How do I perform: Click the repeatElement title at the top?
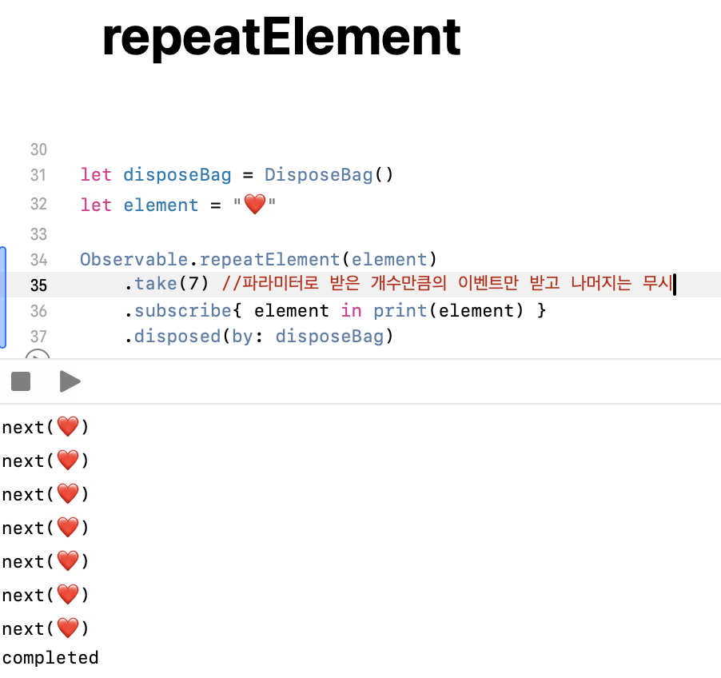pos(281,38)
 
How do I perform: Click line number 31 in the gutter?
pos(38,175)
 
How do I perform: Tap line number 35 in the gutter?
pos(38,285)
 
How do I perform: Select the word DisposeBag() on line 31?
pos(329,175)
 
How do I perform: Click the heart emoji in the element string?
pos(254,205)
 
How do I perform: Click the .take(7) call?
pos(166,285)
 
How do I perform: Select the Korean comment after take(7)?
pos(448,285)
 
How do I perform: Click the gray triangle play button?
pos(70,382)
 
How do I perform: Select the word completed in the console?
pos(50,658)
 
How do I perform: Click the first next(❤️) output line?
pos(45,428)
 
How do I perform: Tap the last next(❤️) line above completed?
pos(45,629)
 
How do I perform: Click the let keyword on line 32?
pos(96,205)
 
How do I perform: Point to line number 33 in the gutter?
pos(38,234)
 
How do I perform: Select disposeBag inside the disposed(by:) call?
pos(329,336)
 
